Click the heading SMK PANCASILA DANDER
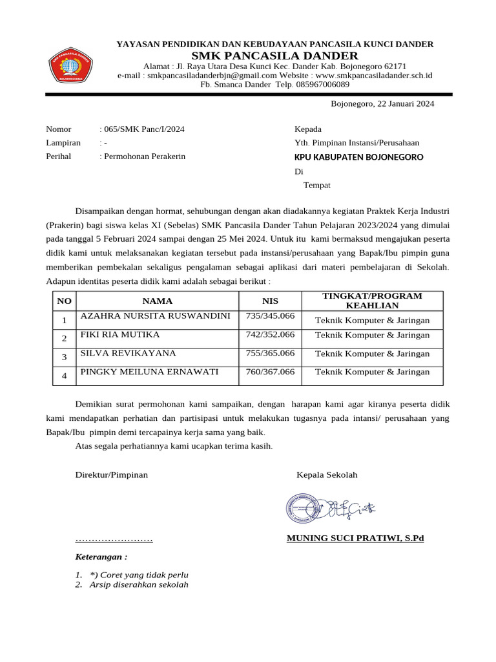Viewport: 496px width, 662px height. tap(274, 56)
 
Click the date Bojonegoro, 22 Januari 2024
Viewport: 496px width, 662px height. tap(382, 103)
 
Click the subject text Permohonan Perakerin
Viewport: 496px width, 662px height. tap(145, 156)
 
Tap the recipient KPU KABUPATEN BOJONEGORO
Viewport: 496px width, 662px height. tap(359, 157)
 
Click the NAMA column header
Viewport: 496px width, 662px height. tap(158, 301)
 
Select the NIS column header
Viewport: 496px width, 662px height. tap(269, 301)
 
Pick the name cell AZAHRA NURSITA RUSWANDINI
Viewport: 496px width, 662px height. tap(155, 316)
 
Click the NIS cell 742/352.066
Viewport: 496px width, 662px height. tap(270, 334)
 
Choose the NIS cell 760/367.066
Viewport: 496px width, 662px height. tap(270, 372)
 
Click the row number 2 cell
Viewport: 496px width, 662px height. tap(64, 338)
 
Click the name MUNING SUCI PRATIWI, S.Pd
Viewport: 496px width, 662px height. tap(355, 538)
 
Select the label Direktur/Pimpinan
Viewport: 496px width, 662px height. tap(112, 475)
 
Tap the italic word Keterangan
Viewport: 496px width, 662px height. tap(101, 557)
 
